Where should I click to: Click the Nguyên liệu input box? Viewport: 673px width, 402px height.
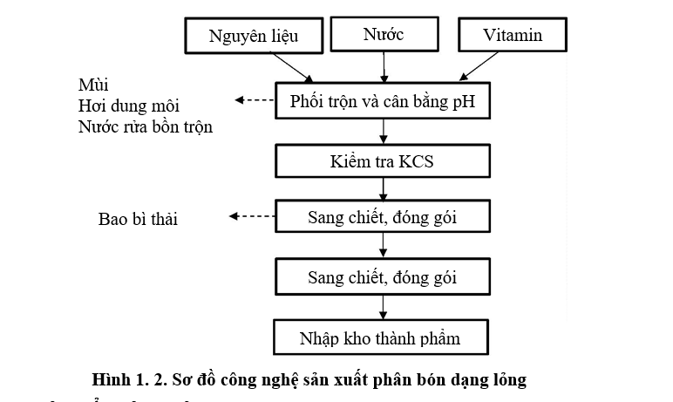click(x=253, y=36)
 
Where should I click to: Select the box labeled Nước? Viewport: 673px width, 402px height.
click(x=384, y=35)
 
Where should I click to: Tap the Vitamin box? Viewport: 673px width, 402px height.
click(x=513, y=36)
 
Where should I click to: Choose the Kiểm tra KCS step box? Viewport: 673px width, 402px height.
click(x=383, y=160)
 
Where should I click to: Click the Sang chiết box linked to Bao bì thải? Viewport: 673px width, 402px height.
click(x=383, y=218)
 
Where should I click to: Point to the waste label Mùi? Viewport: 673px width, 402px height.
click(x=90, y=85)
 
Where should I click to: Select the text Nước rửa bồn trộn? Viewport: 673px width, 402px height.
click(x=145, y=127)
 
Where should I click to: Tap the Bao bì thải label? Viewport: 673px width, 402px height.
click(x=138, y=219)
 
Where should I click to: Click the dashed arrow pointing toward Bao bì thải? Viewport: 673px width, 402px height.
click(x=250, y=217)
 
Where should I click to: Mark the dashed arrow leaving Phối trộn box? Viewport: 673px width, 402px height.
click(x=254, y=101)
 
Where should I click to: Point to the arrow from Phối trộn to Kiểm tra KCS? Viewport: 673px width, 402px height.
click(x=384, y=132)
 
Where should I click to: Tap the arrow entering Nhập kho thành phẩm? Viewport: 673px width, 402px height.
click(x=384, y=308)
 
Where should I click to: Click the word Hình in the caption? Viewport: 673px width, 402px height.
click(x=111, y=380)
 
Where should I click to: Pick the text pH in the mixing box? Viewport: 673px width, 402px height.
click(x=463, y=103)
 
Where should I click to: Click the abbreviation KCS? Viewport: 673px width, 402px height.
click(x=414, y=160)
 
